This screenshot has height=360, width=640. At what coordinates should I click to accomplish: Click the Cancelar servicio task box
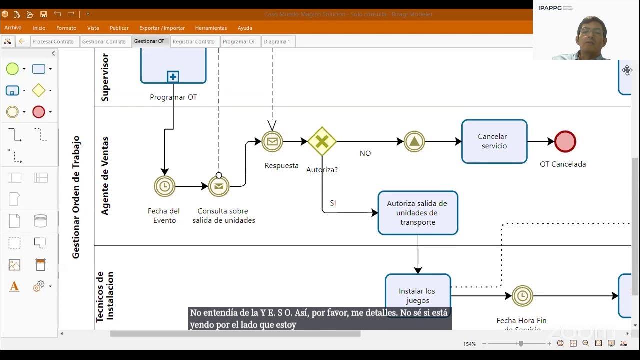pos(494,141)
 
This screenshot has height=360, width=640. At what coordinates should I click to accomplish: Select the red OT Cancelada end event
pos(565,142)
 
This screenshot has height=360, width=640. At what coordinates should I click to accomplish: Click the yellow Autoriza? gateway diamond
pos(322,141)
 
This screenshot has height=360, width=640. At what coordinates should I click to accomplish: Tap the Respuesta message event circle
pos(272,142)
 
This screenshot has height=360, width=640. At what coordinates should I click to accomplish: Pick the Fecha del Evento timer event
pos(164,186)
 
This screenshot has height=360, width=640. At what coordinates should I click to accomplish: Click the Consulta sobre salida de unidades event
pos(218,186)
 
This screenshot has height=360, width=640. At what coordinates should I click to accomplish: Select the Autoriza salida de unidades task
pos(417,213)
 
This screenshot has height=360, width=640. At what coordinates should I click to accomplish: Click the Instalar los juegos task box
pos(417,295)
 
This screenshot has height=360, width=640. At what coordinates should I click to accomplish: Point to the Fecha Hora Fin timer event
pos(522,296)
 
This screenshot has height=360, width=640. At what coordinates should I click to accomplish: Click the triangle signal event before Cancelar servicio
pos(414,142)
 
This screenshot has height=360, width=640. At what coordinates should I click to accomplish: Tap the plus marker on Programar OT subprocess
pos(173,77)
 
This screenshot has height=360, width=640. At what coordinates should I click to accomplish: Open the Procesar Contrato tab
pos(53,42)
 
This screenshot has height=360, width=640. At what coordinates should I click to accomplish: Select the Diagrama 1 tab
pos(276,42)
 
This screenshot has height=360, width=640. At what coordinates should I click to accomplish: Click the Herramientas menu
pos(211,28)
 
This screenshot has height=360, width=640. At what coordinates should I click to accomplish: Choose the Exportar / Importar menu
pos(162,28)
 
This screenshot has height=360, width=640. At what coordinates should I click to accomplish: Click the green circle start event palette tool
pos(12,69)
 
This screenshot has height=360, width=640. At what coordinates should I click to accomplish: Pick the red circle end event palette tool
pos(38,112)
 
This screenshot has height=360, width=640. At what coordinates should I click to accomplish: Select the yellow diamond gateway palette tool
pos(38,90)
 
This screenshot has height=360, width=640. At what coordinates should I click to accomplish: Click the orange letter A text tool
pos(14,286)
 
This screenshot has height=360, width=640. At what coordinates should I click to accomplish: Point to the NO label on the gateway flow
pos(365,153)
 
